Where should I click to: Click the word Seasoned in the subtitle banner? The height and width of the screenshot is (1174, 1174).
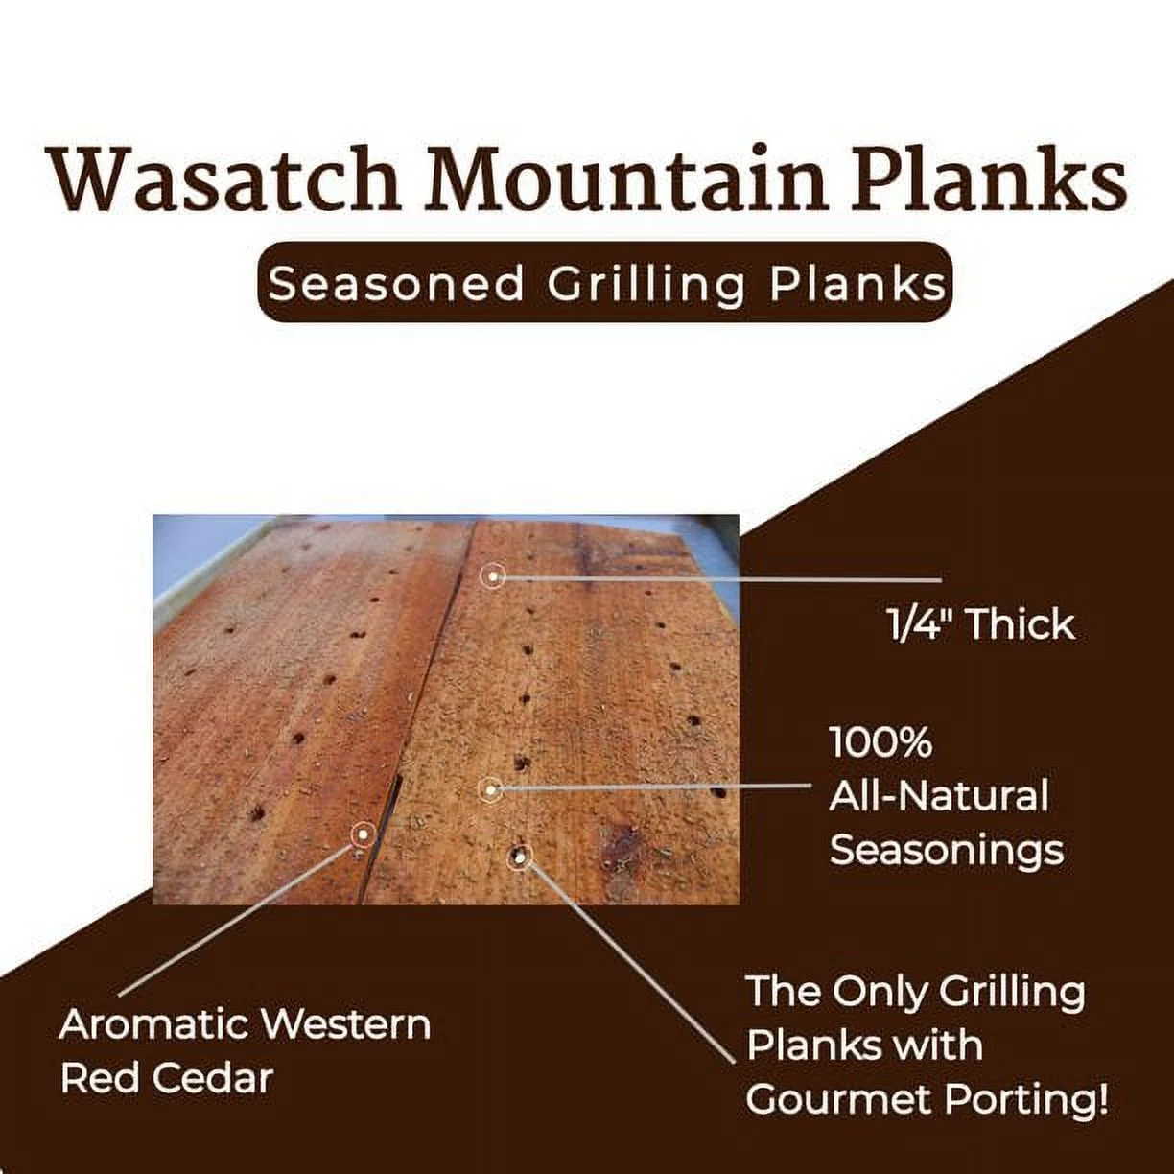point(396,284)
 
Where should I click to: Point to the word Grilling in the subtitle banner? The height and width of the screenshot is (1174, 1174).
point(647,284)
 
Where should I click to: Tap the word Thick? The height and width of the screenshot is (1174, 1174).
point(1021,624)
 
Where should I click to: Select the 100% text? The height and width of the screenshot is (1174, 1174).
point(880,742)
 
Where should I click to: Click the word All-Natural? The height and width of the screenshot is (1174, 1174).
point(939,796)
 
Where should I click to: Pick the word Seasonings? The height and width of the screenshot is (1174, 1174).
point(947,850)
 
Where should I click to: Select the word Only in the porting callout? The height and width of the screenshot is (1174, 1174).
point(880,992)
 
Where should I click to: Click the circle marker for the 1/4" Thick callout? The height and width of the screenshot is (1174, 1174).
point(493,575)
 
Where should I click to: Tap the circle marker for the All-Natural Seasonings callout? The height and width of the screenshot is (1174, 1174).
point(490,790)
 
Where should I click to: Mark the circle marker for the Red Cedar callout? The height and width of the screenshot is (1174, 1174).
point(363,834)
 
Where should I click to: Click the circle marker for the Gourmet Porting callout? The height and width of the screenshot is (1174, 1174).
point(521,857)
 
